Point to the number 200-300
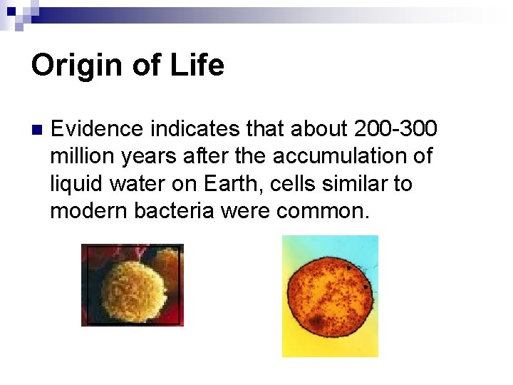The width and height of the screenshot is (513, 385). tap(395, 129)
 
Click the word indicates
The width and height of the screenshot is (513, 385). tap(197, 129)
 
